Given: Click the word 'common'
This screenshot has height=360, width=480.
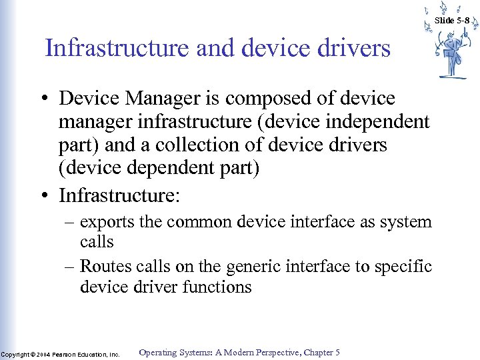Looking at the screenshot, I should point(197,222).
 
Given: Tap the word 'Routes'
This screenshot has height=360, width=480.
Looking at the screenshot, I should point(103,267).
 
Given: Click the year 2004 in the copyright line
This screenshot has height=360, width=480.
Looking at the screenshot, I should point(43,354).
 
